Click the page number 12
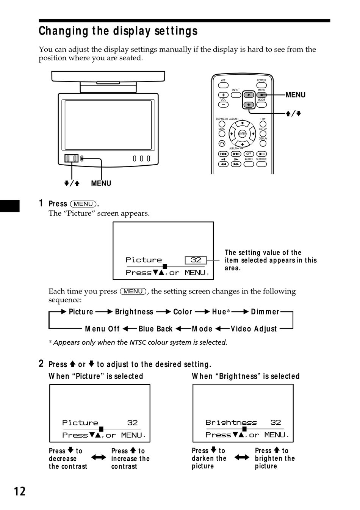[20, 491]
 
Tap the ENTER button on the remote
[242, 134]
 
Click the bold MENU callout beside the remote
[295, 95]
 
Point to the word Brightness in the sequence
[134, 312]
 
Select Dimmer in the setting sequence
[265, 312]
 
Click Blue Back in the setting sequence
[155, 329]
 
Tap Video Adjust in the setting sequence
[254, 329]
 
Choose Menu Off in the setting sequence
[102, 329]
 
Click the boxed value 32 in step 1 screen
[196, 260]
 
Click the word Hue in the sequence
[219, 312]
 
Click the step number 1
[41, 203]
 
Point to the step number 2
[41, 364]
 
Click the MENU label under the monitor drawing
[101, 183]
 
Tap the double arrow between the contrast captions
[99, 457]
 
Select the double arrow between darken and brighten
[242, 457]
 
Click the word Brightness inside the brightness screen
[231, 422]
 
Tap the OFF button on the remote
[249, 154]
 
